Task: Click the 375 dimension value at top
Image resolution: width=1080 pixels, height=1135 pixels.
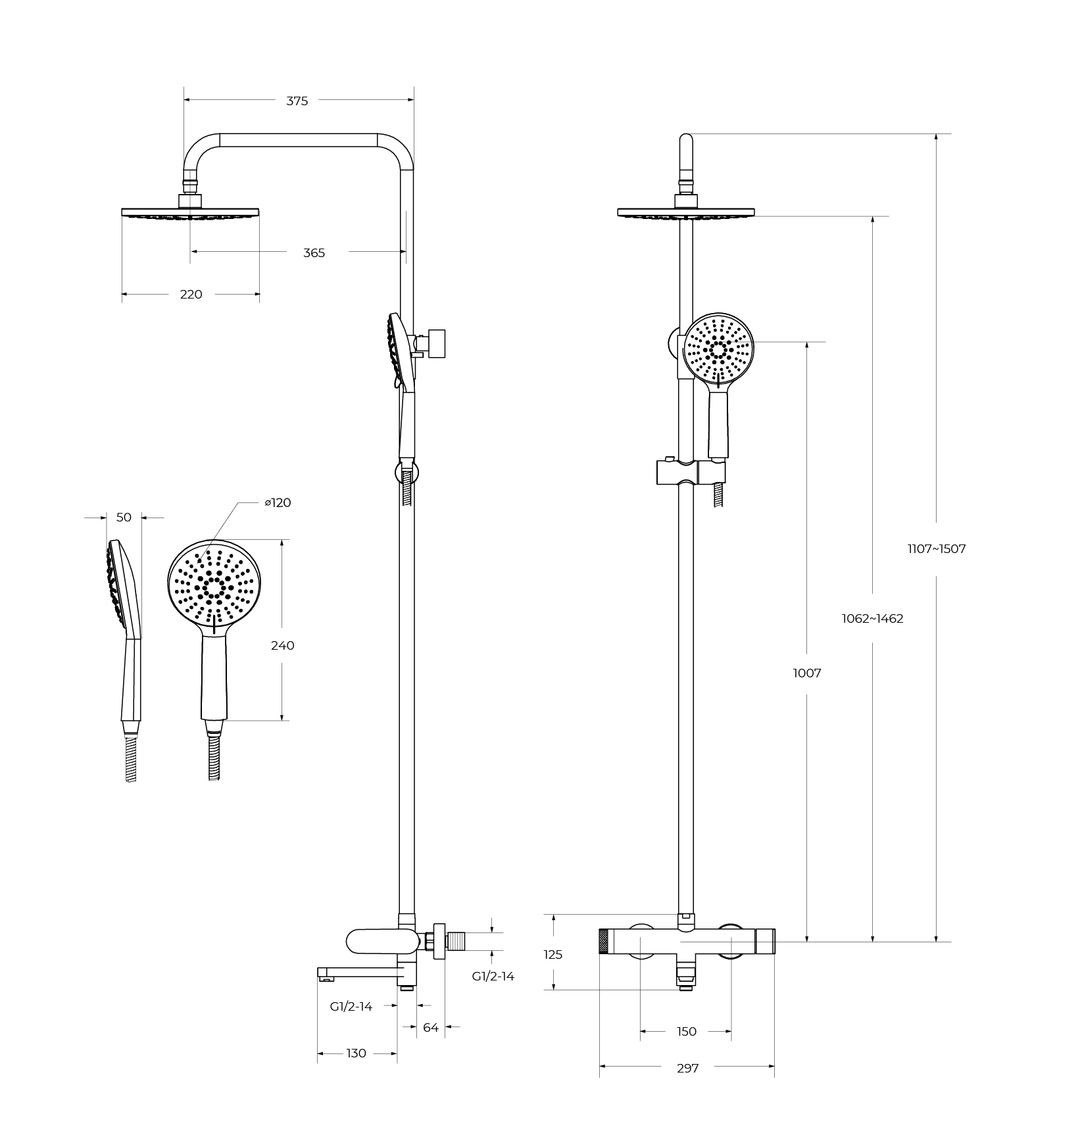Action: [297, 101]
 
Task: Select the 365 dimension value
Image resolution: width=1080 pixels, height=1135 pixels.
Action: [314, 253]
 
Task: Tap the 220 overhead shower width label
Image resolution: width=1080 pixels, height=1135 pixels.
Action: [191, 295]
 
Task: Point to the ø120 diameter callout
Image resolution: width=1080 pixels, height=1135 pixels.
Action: [278, 503]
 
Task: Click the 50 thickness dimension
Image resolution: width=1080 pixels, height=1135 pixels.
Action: [124, 518]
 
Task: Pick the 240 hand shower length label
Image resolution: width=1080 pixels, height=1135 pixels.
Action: [282, 646]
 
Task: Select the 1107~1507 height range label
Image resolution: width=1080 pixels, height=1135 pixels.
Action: [936, 549]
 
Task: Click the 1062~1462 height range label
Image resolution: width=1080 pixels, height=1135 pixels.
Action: [872, 619]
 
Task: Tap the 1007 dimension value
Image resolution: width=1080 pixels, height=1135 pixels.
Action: [806, 673]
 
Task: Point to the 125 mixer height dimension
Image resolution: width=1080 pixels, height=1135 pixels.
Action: [553, 954]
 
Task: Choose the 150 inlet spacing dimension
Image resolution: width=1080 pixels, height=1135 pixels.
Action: [686, 1032]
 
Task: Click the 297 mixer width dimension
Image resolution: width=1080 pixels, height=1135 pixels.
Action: [687, 1069]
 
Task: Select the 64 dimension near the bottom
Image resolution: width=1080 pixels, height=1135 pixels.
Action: [430, 1027]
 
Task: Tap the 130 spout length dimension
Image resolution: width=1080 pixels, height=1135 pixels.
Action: [356, 1053]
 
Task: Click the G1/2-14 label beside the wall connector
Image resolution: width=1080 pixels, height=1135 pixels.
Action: [493, 977]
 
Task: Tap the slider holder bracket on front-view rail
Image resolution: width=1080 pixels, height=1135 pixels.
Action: [690, 472]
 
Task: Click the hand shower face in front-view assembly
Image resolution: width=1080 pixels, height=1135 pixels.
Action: [718, 348]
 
